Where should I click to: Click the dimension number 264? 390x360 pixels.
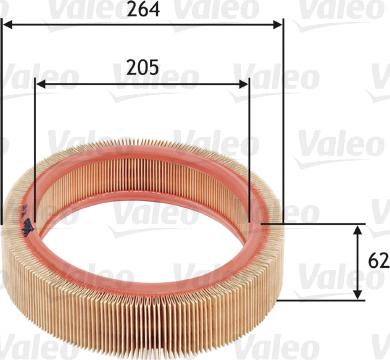pos(143,12)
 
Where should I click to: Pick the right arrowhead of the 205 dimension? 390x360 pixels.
pos(244,85)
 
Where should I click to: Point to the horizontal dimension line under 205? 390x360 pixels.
pos(143,85)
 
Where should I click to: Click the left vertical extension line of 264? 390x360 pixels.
pos(3,120)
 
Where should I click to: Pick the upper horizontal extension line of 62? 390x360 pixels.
pos(320,224)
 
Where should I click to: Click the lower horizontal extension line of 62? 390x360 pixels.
pos(320,299)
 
